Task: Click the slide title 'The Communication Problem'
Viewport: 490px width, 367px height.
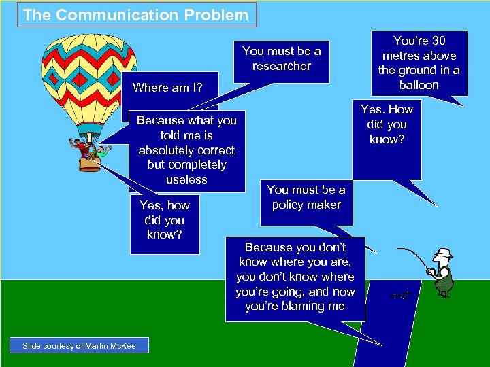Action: click(136, 14)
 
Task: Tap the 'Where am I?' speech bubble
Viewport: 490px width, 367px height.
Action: click(167, 87)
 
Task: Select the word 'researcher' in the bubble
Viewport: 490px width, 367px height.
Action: click(282, 66)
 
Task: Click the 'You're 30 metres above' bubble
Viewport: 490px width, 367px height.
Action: click(419, 63)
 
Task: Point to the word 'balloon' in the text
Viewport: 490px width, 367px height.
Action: click(419, 85)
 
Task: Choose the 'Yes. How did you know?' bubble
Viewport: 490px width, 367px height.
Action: click(387, 125)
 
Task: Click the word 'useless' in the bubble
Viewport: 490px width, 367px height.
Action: click(186, 179)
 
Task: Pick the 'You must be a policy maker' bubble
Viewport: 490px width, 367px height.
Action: click(306, 197)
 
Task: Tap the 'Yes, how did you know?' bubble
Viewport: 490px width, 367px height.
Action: click(165, 220)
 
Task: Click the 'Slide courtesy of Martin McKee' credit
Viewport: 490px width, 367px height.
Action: click(79, 346)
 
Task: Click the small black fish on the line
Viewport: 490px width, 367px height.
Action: click(403, 294)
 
